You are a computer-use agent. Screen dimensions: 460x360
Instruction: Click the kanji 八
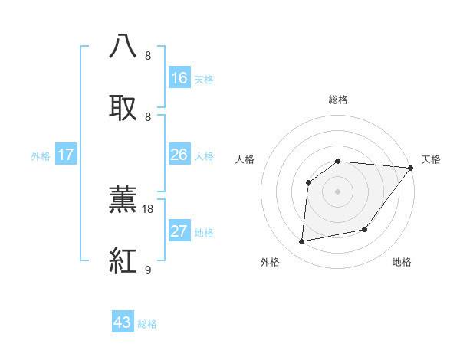coord(123,47)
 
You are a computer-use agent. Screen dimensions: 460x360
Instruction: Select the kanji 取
coord(123,108)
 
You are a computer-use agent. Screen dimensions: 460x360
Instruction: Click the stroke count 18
coord(149,208)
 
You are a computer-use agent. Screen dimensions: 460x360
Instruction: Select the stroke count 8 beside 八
coord(147,55)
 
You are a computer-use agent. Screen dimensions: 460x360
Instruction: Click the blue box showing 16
coord(179,77)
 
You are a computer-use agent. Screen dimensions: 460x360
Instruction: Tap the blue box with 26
coord(179,155)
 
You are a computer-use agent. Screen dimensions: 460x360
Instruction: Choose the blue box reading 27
coord(179,231)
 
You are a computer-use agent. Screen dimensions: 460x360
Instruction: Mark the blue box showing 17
coord(66,155)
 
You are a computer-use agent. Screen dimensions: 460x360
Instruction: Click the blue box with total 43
coord(123,322)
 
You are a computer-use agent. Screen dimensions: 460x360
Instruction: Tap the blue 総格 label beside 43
coord(147,324)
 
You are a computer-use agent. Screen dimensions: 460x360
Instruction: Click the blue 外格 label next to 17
coord(41,156)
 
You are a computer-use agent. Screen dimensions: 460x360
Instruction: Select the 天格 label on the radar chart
coord(431,159)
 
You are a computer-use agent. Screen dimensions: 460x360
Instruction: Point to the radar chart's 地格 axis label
coord(402,262)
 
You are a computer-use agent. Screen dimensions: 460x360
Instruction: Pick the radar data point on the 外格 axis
coord(302,242)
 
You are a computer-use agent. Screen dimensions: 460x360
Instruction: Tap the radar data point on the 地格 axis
coord(365,229)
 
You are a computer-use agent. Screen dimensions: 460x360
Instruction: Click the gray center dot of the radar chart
coord(337,191)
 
